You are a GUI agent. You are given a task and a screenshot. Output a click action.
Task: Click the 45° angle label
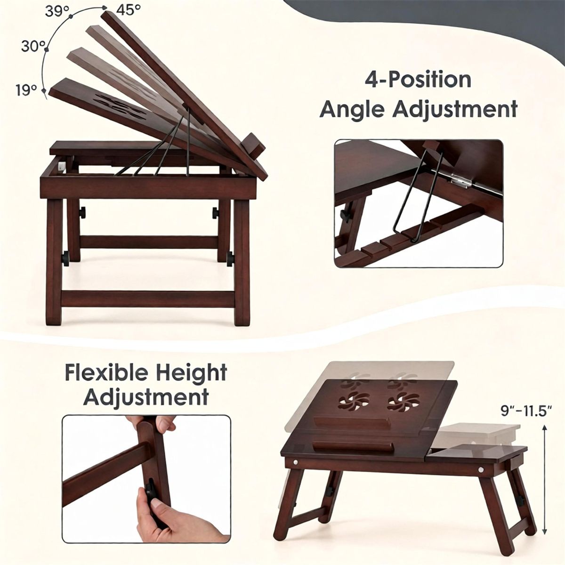(128, 10)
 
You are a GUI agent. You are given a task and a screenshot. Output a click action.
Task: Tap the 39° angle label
(57, 11)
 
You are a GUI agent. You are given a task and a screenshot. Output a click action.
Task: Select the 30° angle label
(33, 46)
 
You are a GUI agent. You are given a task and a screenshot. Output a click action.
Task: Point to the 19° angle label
(26, 90)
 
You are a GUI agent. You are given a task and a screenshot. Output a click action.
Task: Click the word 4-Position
(418, 79)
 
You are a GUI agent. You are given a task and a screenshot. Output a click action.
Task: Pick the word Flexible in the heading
(105, 372)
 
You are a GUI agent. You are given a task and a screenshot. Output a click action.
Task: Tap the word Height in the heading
(189, 372)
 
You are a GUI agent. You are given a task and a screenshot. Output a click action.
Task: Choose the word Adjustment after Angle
(454, 109)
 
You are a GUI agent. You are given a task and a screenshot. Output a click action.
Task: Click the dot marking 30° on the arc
(46, 49)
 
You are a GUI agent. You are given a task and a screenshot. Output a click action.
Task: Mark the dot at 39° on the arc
(71, 16)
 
